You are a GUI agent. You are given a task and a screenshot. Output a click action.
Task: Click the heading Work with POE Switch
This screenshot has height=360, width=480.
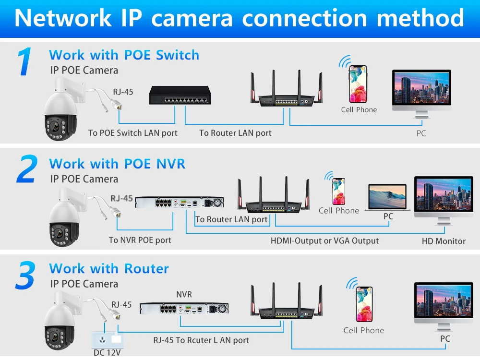(124, 55)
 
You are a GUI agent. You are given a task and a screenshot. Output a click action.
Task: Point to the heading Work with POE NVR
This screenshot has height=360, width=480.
(117, 164)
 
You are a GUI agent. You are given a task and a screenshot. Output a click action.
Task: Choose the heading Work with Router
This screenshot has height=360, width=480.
(109, 268)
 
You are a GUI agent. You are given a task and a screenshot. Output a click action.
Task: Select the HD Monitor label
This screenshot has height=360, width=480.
(444, 241)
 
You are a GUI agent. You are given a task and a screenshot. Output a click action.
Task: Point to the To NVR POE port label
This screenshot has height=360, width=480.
(140, 240)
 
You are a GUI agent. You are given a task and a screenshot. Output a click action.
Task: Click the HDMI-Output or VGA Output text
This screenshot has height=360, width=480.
(324, 240)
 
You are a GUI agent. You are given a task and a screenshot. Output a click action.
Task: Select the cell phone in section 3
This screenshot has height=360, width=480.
(364, 304)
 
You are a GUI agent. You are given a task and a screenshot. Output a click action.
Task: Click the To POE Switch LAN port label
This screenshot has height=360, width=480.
(132, 133)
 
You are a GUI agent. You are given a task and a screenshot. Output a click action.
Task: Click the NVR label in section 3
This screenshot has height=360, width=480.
(184, 294)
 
